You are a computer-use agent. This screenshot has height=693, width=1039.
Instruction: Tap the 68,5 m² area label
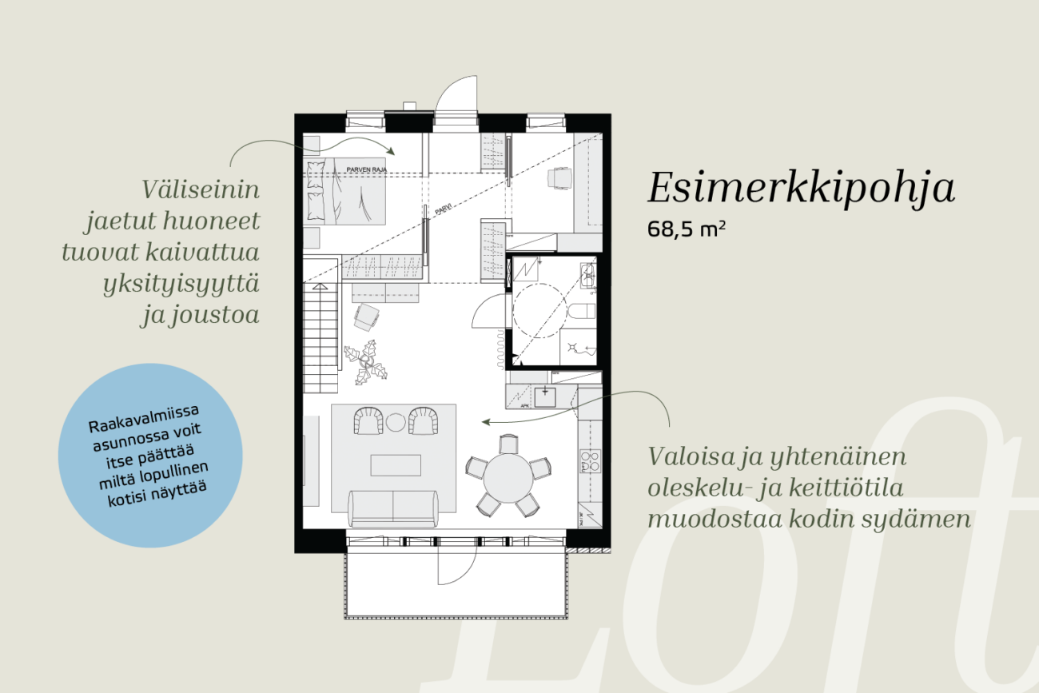pos(687,229)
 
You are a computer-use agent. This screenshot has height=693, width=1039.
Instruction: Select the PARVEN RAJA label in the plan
pos(366,169)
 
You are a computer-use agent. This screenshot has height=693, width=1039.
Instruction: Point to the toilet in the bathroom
pos(582,311)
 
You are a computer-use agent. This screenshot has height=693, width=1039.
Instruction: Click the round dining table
pos(508,478)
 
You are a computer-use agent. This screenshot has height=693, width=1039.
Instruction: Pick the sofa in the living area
pos(393,508)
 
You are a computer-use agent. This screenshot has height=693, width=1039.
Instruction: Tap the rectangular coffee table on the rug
pos(396,465)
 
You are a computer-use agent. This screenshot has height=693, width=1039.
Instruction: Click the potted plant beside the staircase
pos(366,362)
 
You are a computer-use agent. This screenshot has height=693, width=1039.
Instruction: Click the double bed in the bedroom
pos(344,192)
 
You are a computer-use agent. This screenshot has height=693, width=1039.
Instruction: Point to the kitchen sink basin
pos(545,397)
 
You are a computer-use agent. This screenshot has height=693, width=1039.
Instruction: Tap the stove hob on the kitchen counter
pos(590,461)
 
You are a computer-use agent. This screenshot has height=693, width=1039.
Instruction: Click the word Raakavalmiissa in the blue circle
pos(144,417)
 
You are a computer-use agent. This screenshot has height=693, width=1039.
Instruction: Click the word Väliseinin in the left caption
pos(201,189)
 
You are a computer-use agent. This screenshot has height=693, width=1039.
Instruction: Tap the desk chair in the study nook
pos(559,178)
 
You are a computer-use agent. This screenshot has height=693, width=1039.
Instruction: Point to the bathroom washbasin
pos(588,276)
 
